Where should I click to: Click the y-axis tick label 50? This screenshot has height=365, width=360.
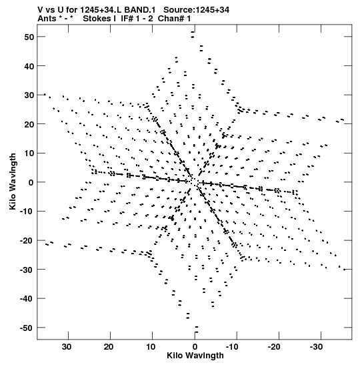click(x=29, y=37)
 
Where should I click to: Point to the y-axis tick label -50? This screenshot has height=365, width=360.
click(x=27, y=328)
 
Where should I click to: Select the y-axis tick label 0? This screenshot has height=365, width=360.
click(x=31, y=183)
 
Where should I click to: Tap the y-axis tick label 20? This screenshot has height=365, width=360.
click(x=29, y=124)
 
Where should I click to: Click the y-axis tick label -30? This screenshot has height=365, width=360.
click(x=27, y=270)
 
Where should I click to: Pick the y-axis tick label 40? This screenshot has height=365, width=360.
click(x=29, y=66)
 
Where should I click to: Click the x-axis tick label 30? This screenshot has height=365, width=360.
click(x=67, y=347)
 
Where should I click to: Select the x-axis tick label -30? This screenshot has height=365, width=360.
click(x=316, y=347)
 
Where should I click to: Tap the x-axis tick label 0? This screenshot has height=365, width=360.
click(x=195, y=347)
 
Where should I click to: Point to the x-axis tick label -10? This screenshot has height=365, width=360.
click(x=232, y=347)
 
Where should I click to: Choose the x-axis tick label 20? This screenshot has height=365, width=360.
click(x=109, y=347)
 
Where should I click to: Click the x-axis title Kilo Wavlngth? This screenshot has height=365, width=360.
click(x=195, y=356)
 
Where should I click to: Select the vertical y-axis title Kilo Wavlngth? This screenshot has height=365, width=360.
click(x=13, y=181)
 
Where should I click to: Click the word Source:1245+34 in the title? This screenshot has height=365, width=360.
click(x=196, y=10)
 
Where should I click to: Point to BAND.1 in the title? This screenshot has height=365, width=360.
click(x=140, y=10)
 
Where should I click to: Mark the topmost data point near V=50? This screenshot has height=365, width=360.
click(x=192, y=32)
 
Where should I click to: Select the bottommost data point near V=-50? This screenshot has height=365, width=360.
click(x=197, y=332)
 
